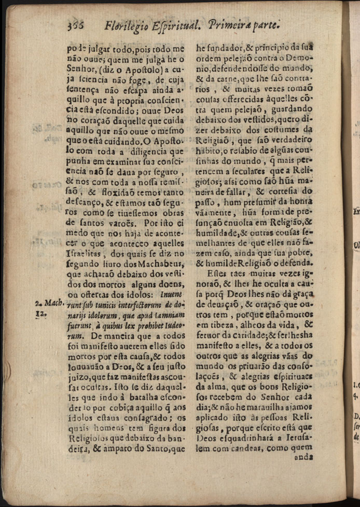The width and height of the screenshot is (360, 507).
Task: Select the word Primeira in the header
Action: tap(231, 24)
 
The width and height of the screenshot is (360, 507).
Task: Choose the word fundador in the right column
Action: tap(216, 49)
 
